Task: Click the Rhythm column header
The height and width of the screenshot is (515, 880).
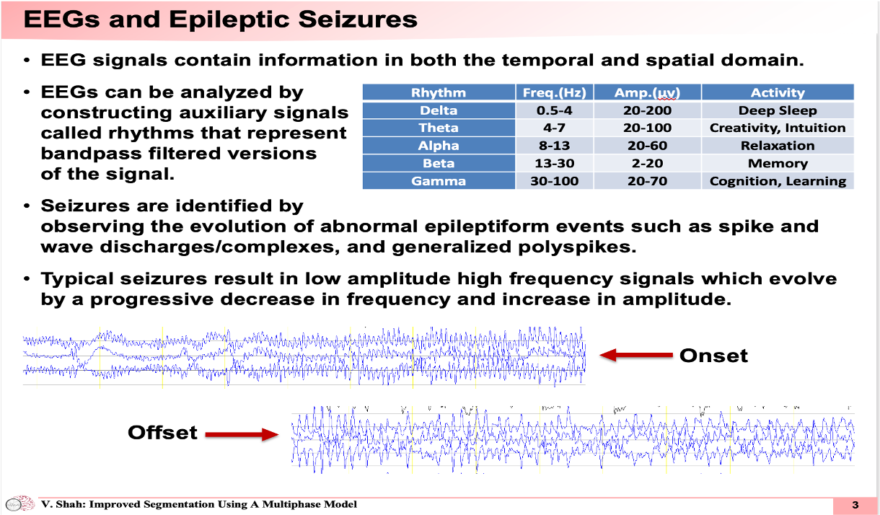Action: (439, 92)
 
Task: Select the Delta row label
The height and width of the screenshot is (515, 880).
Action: (439, 110)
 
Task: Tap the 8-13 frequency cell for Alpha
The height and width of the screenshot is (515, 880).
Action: (555, 146)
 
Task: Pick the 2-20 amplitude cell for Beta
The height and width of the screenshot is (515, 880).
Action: (648, 164)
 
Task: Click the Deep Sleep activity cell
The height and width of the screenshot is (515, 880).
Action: (778, 110)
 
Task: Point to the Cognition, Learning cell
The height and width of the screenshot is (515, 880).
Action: (778, 181)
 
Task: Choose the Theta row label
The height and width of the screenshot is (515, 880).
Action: (439, 128)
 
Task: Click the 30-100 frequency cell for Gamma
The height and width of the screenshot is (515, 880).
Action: (555, 181)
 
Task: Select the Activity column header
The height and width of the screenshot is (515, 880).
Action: (778, 92)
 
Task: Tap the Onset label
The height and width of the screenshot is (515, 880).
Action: (713, 356)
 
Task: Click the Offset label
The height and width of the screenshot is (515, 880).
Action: (162, 432)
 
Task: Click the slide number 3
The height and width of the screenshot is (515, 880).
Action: (855, 504)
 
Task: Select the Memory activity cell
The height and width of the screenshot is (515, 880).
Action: (778, 164)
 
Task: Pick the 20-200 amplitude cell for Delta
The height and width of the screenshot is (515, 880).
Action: (648, 110)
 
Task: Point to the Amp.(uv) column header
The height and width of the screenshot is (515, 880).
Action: (648, 92)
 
